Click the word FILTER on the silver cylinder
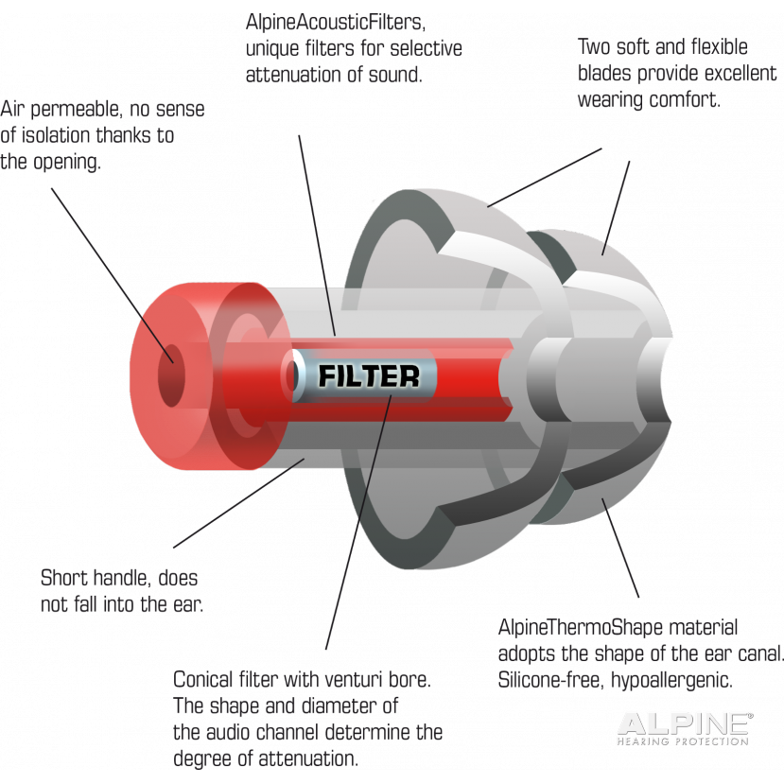tap(369, 376)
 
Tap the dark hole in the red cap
tap(171, 375)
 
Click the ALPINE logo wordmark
tap(685, 724)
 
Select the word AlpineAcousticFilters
tap(335, 23)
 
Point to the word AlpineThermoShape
tap(581, 627)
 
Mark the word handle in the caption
tap(121, 579)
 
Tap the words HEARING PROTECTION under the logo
tap(683, 741)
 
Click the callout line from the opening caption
tap(113, 275)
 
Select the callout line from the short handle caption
tap(239, 503)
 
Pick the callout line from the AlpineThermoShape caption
tap(620, 548)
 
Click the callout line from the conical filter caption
tap(358, 522)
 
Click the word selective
tap(426, 48)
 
